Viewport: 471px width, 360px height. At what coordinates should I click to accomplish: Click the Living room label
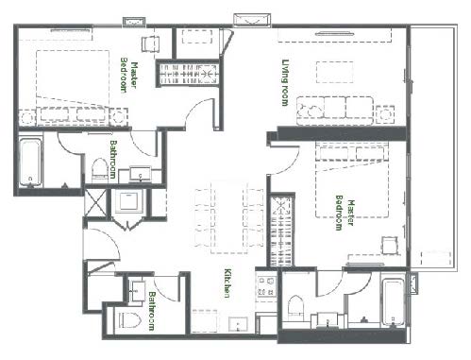click(x=285, y=82)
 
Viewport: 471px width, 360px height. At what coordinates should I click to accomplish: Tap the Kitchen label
click(x=227, y=283)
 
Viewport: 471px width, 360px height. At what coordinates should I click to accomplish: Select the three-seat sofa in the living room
click(x=335, y=111)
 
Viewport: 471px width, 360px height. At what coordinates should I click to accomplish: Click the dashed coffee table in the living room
click(x=334, y=72)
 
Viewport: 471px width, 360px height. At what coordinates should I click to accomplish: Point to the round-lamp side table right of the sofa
click(x=385, y=115)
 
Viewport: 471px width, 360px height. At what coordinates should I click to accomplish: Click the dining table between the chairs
click(x=228, y=217)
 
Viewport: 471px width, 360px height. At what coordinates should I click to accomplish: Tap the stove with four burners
click(x=266, y=286)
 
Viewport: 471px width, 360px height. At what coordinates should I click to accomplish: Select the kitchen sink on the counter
click(x=238, y=324)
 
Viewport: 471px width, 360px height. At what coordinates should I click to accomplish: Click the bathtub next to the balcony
click(x=393, y=303)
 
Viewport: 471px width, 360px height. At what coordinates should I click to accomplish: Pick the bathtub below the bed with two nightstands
click(x=30, y=163)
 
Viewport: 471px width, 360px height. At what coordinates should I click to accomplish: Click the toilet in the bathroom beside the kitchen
click(x=129, y=320)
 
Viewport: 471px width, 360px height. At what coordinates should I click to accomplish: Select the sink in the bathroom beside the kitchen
click(x=137, y=291)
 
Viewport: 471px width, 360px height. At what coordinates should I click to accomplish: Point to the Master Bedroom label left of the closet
click(x=128, y=76)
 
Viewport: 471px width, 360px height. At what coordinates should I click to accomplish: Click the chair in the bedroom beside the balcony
click(x=390, y=245)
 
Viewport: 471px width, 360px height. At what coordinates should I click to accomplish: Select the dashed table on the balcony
click(x=436, y=259)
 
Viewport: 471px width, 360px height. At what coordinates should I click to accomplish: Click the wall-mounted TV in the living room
click(x=334, y=33)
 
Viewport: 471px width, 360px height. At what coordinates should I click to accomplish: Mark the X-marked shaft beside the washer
click(x=96, y=202)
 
